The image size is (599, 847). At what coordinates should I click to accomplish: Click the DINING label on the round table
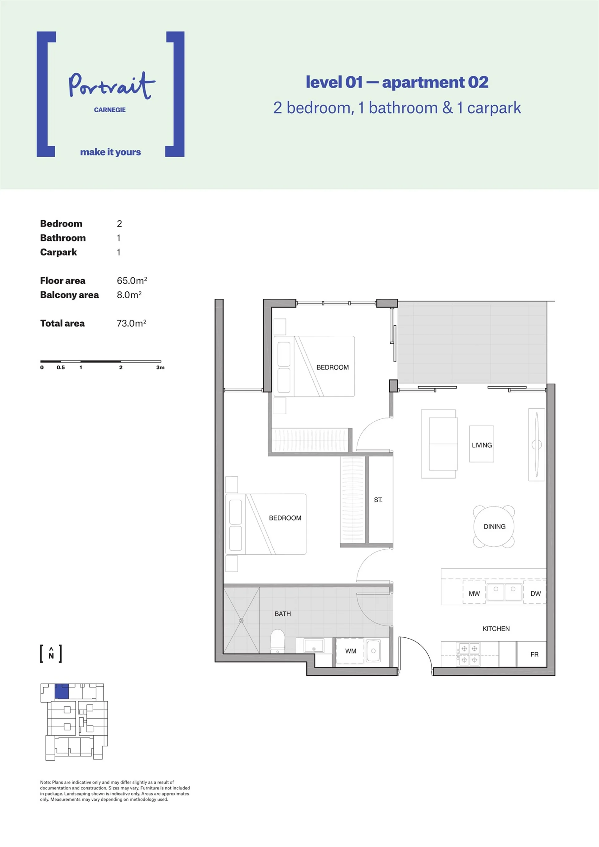pos(494,526)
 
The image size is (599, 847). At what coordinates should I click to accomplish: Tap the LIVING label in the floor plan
pos(482,445)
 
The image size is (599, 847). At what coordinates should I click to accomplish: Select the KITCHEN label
pos(496,629)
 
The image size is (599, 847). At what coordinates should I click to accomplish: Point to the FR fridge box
pos(532,654)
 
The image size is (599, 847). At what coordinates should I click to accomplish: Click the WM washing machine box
pos(350,651)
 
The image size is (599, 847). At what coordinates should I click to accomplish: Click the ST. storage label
pos(378,500)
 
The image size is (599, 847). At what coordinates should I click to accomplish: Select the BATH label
pos(283,614)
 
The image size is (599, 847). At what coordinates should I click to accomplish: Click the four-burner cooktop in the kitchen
pos(468,654)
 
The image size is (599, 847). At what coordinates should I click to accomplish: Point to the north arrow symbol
pos(51,654)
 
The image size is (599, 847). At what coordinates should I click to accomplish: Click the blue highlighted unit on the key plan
pos(61,691)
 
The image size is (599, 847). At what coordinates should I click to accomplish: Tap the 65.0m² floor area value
pos(132,280)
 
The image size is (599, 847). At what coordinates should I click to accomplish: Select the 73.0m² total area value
pos(132,323)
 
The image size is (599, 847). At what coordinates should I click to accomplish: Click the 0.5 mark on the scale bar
pos(61,368)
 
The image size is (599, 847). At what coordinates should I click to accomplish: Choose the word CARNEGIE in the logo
pos(110,110)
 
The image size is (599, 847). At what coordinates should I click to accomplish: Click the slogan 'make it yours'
pos(111,152)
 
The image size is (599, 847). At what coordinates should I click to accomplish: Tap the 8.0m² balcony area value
pos(129,295)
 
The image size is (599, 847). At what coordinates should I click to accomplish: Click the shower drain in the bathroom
pos(241,621)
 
